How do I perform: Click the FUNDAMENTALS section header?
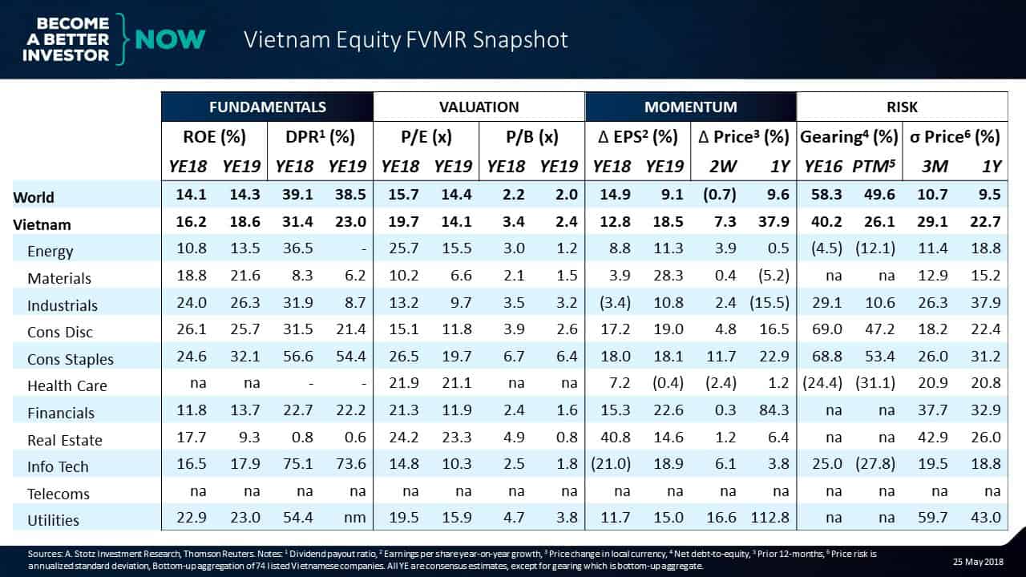(267, 107)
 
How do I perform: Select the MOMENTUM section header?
(690, 107)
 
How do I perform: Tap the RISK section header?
(902, 107)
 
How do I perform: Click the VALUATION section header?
(479, 107)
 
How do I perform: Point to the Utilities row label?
(54, 520)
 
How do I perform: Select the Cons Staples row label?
(71, 359)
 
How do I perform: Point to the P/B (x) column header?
(531, 137)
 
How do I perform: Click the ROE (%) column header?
(214, 137)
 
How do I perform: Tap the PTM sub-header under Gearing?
(876, 167)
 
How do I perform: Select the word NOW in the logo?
(170, 38)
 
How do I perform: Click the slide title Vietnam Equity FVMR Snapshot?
(406, 40)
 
